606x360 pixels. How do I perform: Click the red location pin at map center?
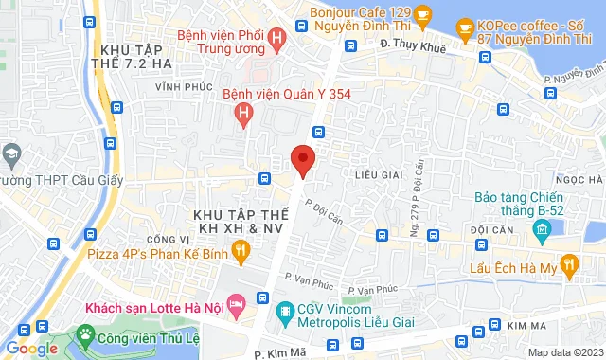click(302, 159)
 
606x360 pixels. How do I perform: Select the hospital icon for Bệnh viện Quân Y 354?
click(244, 116)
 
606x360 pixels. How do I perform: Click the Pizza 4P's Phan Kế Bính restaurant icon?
click(241, 251)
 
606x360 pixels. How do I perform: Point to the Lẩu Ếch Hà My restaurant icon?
click(568, 269)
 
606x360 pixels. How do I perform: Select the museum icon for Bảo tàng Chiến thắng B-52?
click(541, 228)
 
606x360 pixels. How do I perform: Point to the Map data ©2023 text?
click(564, 352)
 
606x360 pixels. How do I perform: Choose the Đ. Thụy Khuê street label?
click(411, 43)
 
